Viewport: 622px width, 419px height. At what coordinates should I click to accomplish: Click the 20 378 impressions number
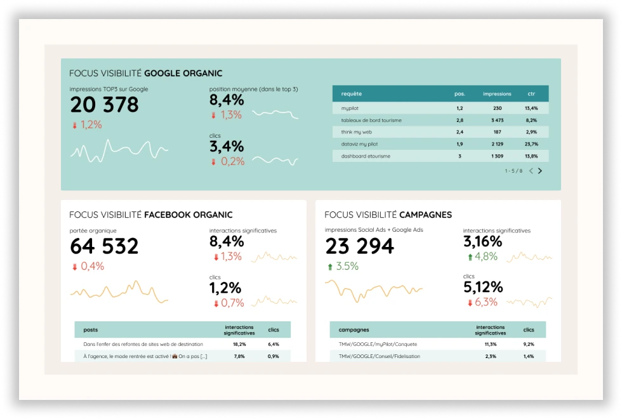104,105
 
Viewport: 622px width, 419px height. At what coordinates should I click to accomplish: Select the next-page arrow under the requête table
540,171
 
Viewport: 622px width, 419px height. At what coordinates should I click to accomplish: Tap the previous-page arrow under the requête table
531,171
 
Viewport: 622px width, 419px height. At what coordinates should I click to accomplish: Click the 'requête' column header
352,94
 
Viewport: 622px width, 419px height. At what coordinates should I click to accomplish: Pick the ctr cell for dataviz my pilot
531,144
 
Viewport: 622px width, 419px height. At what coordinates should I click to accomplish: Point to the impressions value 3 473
497,120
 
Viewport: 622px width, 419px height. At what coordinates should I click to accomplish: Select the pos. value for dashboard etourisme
460,156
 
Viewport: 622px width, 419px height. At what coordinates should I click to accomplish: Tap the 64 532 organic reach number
104,246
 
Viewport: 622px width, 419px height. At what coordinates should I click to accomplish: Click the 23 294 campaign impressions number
359,246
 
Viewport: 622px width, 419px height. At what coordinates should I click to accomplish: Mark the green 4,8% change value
486,256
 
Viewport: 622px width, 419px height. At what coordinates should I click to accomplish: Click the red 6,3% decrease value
486,302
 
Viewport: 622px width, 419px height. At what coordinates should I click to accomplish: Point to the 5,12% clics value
483,288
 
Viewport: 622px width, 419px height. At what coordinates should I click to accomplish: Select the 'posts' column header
90,330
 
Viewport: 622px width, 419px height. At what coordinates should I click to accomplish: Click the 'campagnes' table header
354,330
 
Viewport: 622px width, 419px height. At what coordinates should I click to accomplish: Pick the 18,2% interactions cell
239,345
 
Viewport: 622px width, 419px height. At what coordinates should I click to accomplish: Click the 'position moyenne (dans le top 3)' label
253,90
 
